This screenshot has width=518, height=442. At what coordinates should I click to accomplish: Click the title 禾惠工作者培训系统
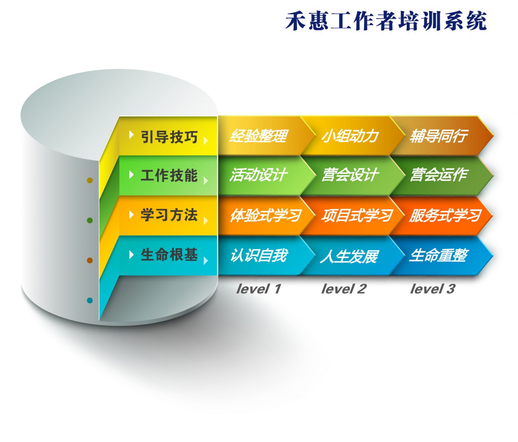386,21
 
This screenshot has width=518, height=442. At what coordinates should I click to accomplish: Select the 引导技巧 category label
169,137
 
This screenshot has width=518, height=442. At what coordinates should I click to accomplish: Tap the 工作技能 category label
169,175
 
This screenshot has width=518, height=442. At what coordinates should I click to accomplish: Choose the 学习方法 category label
169,215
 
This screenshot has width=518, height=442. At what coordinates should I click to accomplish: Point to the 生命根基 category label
169,255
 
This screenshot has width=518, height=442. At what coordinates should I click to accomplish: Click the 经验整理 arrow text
258,136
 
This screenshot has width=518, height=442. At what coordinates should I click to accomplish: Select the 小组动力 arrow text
350,136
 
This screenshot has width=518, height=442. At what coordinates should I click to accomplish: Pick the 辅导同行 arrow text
438,136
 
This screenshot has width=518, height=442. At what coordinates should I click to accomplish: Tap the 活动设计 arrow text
258,175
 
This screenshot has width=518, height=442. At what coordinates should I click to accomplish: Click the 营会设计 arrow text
350,175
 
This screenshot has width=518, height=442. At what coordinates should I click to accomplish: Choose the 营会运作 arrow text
439,175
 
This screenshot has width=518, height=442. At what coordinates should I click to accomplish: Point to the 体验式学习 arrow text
266,215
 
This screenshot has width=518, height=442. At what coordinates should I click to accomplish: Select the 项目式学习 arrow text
357,215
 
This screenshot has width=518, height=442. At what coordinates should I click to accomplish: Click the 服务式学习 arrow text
445,215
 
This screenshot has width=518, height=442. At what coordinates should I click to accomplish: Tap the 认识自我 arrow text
259,255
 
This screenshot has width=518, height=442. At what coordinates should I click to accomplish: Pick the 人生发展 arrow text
349,256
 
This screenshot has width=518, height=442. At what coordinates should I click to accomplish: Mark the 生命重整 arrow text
438,255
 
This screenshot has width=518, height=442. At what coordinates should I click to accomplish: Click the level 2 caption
344,289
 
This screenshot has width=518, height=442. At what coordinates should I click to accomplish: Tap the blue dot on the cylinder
90,300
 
